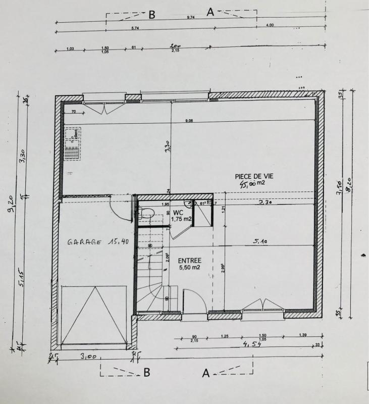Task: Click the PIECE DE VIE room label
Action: tap(253, 176)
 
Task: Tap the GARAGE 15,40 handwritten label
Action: tap(98, 242)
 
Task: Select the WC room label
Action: tap(178, 213)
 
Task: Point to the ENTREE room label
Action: tap(190, 260)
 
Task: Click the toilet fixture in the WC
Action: tap(146, 213)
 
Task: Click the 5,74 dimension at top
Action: tap(135, 28)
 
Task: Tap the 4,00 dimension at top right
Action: tap(270, 25)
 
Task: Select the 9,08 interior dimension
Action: tap(190, 120)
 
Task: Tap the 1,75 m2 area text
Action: tap(181, 219)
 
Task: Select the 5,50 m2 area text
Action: tap(190, 267)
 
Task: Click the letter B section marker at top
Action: tap(151, 15)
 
